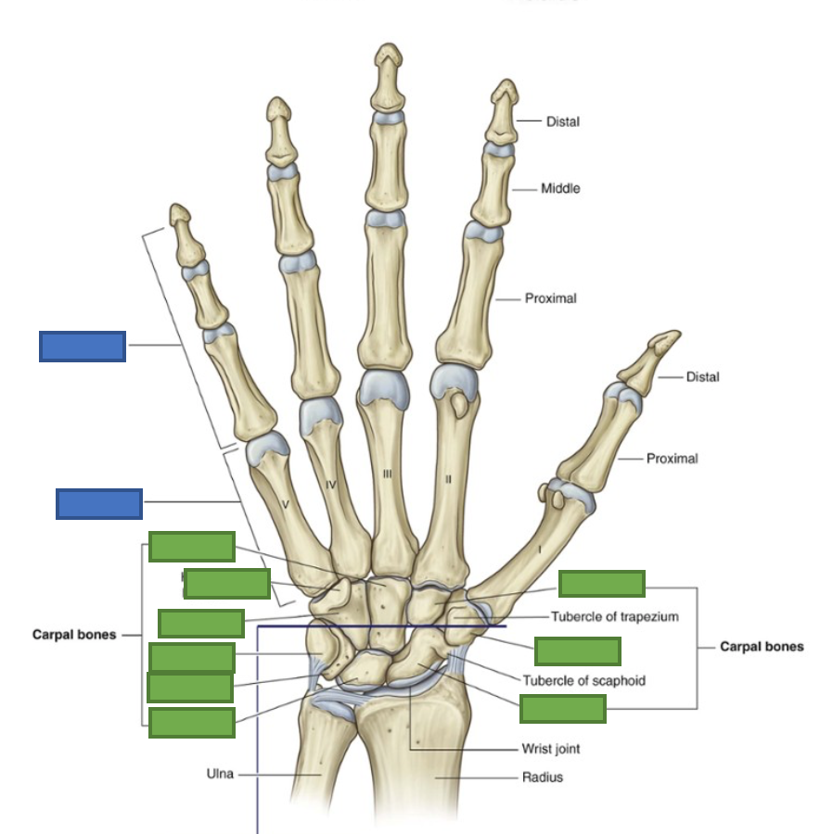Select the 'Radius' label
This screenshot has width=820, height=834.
[x=543, y=777]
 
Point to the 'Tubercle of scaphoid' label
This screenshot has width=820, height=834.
[x=583, y=680]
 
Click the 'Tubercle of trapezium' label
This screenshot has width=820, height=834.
[x=615, y=616]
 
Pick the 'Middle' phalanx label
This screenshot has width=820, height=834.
[x=560, y=189]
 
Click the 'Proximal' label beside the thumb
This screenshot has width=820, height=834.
[x=672, y=459]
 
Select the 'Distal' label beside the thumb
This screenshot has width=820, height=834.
[x=702, y=377]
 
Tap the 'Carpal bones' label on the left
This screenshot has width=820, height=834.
[x=74, y=635]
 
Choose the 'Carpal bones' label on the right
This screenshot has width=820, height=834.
[x=762, y=646]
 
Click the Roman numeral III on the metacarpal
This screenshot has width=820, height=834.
[x=388, y=474]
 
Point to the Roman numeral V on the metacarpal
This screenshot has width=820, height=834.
[x=285, y=504]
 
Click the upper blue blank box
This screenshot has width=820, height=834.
[x=83, y=346]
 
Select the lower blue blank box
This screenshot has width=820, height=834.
[x=99, y=503]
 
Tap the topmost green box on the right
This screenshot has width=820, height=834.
[x=601, y=584]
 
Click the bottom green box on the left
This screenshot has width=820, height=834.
[x=191, y=723]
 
